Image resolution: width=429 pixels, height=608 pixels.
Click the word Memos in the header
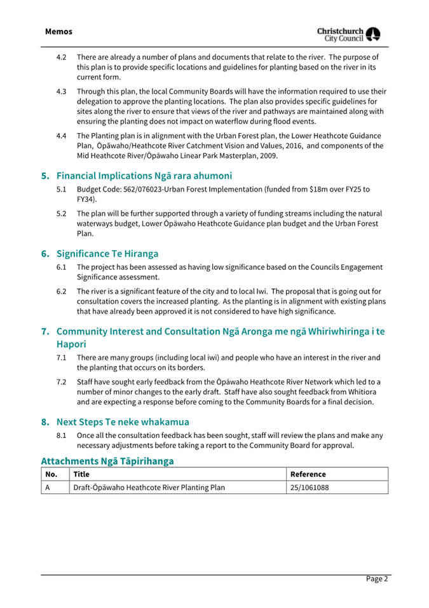[58, 31]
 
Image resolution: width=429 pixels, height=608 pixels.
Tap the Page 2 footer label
[376, 579]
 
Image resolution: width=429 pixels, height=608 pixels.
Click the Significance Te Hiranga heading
[107, 253]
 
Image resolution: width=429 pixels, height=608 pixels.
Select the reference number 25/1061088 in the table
[309, 488]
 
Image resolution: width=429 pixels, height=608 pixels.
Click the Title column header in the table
[81, 474]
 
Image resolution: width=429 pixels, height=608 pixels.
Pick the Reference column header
[308, 474]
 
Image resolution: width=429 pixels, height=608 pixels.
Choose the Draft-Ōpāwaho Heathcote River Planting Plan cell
[148, 488]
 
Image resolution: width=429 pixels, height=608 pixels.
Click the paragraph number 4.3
[62, 91]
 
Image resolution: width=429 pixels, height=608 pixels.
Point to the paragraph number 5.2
[62, 213]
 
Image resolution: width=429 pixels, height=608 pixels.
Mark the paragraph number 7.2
[62, 381]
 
